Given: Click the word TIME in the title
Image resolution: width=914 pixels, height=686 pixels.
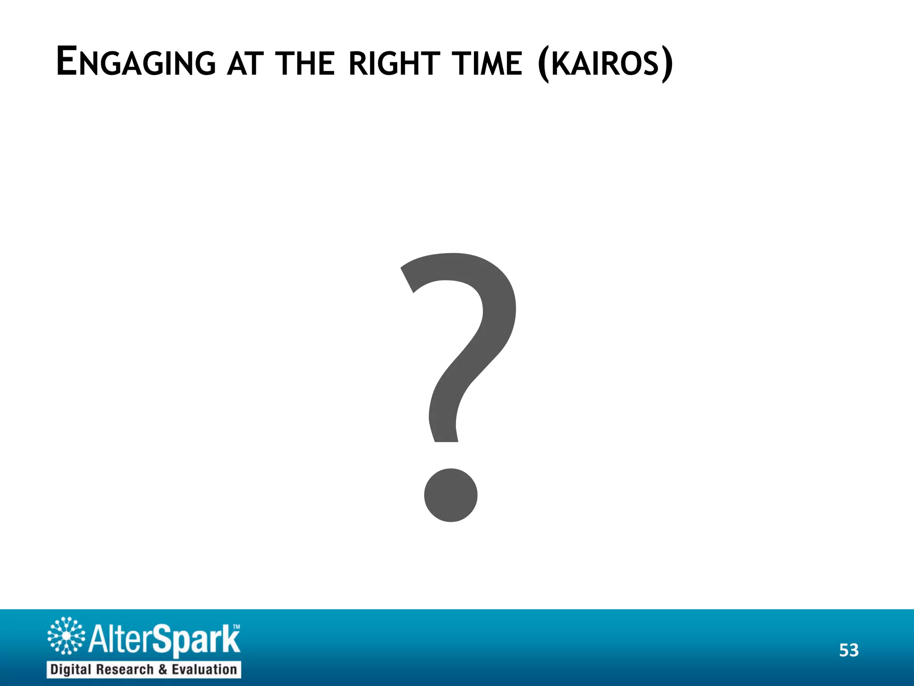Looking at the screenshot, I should [487, 64].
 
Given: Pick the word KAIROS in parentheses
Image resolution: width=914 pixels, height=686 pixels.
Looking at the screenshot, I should [605, 64].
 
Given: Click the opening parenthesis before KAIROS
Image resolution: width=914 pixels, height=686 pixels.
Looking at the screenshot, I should [544, 65].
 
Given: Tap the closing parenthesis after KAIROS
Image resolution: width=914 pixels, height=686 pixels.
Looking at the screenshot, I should [667, 65].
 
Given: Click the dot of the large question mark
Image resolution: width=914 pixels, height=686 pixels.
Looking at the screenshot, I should [450, 495].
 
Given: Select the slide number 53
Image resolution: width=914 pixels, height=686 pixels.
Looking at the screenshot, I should [848, 650].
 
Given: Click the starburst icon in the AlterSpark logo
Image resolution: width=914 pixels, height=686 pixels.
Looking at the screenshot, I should [66, 636].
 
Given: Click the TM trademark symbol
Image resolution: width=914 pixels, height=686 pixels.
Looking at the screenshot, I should [237, 627].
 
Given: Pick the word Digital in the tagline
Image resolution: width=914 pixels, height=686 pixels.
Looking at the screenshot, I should [71, 669].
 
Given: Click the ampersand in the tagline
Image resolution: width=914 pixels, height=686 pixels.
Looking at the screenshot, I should [163, 669].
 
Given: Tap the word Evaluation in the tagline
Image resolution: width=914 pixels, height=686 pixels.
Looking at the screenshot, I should [204, 669].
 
